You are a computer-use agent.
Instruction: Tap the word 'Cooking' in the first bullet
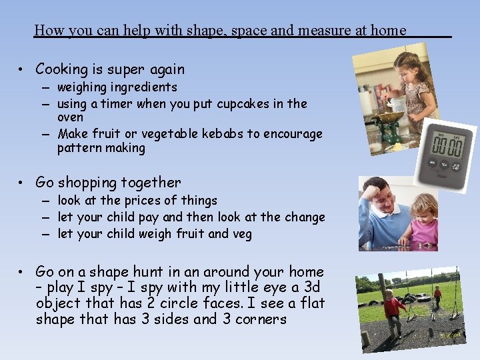coord(62,69)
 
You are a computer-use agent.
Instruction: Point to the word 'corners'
coord(261,319)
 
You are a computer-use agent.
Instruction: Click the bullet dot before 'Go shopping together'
coord(23,183)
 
